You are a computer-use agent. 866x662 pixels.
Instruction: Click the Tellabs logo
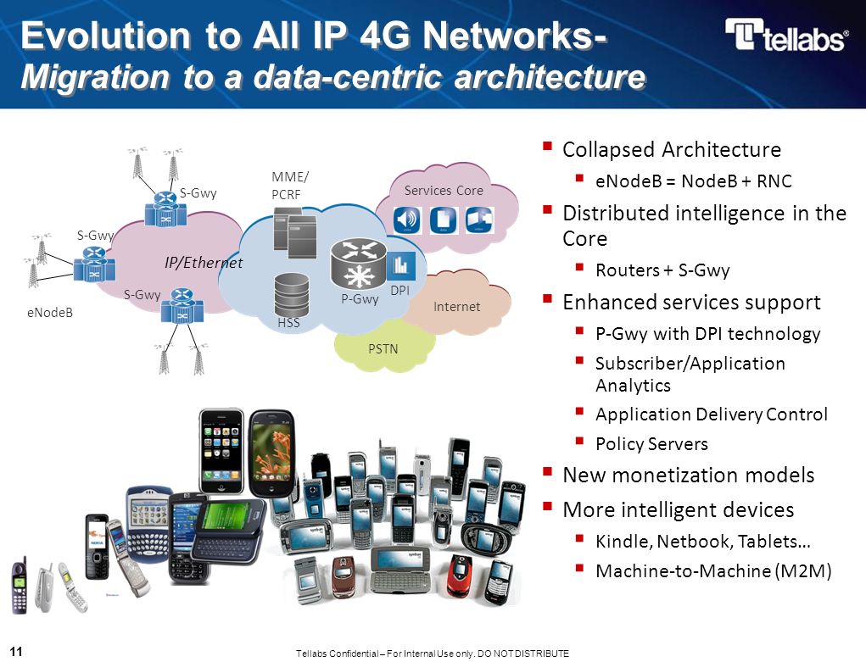(785, 36)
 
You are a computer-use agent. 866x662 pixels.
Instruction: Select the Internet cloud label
(456, 306)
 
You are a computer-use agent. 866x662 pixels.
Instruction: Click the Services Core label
(444, 191)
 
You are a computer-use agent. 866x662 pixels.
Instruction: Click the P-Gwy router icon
(357, 264)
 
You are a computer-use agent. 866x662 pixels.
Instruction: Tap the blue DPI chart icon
(400, 264)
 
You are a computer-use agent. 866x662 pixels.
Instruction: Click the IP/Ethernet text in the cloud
(204, 263)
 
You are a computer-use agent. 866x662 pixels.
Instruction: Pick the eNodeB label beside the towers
(48, 313)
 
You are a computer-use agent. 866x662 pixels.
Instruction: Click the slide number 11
(16, 651)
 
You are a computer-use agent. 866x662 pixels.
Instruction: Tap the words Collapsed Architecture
(672, 150)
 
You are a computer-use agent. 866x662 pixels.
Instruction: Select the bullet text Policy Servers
(651, 444)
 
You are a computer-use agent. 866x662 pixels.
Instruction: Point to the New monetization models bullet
(688, 476)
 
